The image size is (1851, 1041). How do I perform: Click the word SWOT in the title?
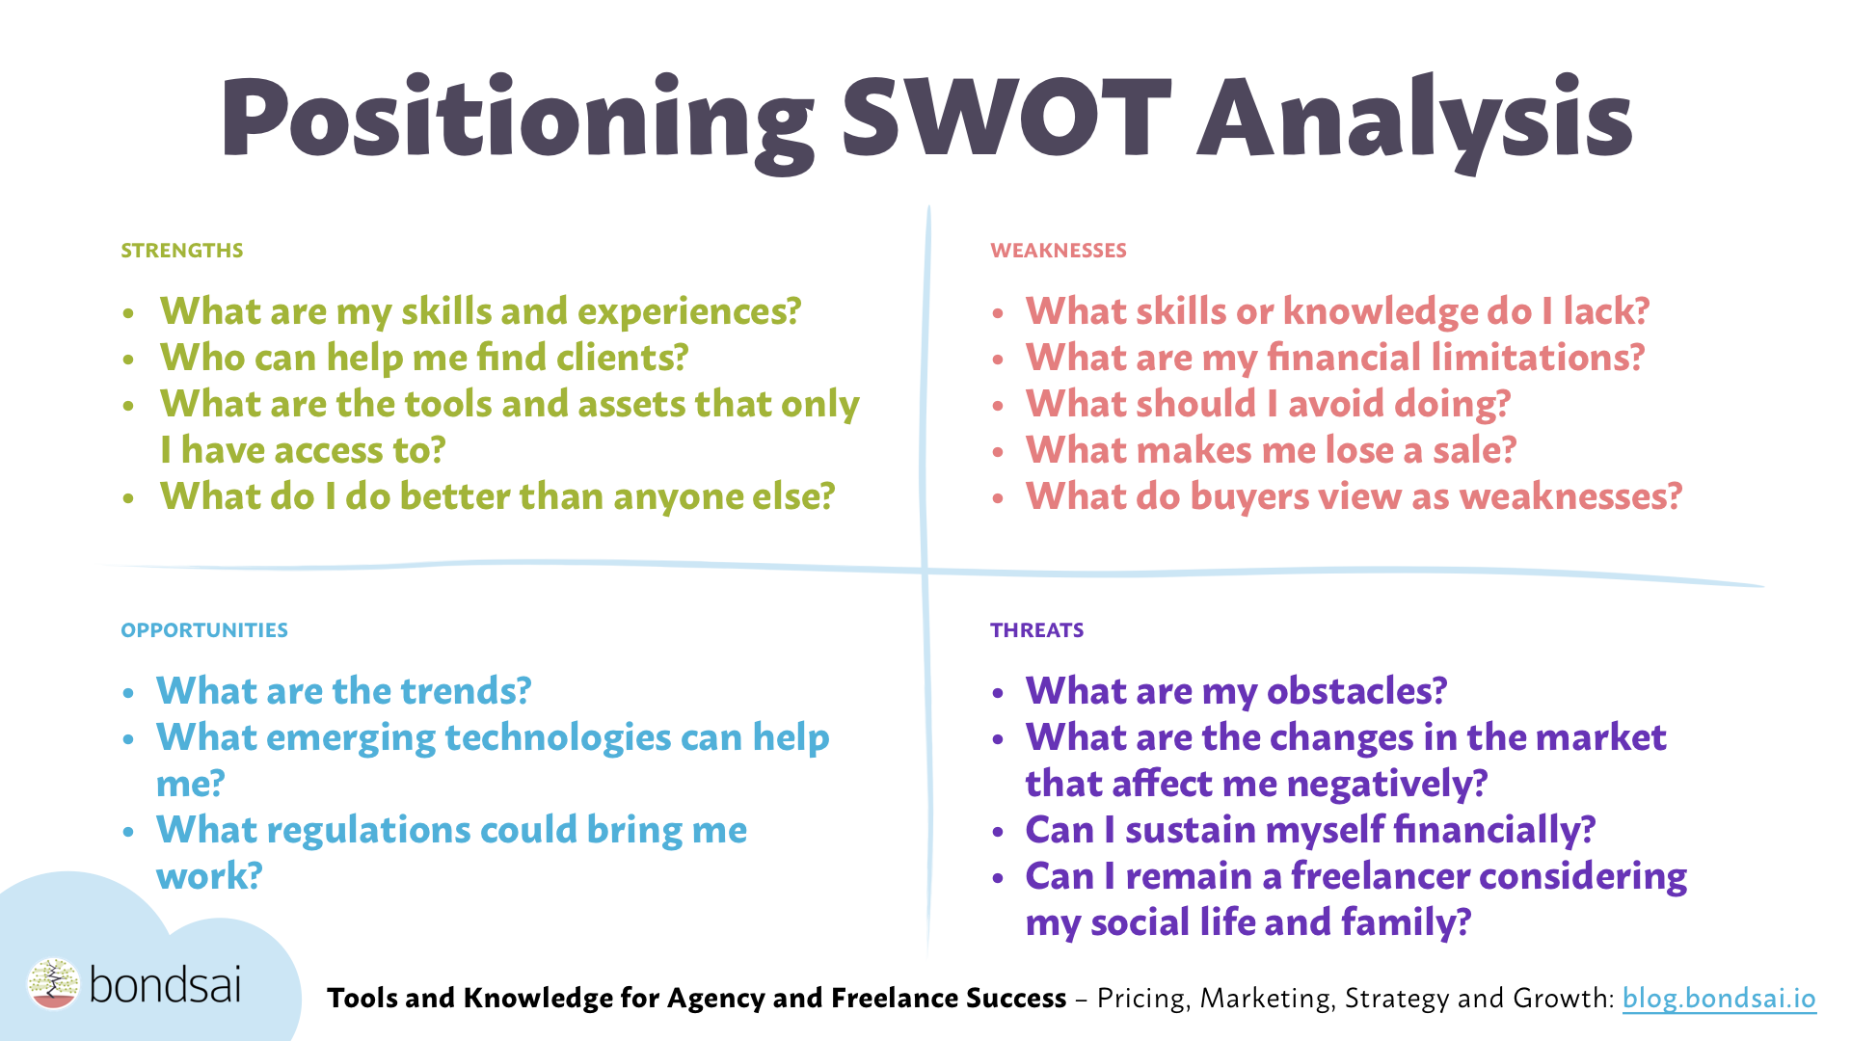tap(1006, 118)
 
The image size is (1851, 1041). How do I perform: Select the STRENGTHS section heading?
tap(181, 251)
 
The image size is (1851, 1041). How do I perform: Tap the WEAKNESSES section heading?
tap(1058, 251)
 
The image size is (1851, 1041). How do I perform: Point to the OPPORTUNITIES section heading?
tap(203, 630)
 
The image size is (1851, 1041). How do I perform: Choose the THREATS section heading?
tap(1036, 630)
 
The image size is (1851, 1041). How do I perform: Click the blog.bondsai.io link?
tap(1718, 999)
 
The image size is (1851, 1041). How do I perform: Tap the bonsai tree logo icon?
tap(53, 984)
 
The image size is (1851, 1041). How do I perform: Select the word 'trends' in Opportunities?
tap(466, 691)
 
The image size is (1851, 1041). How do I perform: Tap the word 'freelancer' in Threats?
tap(1380, 876)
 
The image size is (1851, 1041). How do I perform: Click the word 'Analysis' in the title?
tap(1413, 118)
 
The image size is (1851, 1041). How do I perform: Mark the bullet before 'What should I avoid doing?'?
tap(999, 406)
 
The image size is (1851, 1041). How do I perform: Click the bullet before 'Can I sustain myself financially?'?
tap(999, 832)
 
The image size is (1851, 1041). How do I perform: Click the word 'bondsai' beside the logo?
tap(165, 984)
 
